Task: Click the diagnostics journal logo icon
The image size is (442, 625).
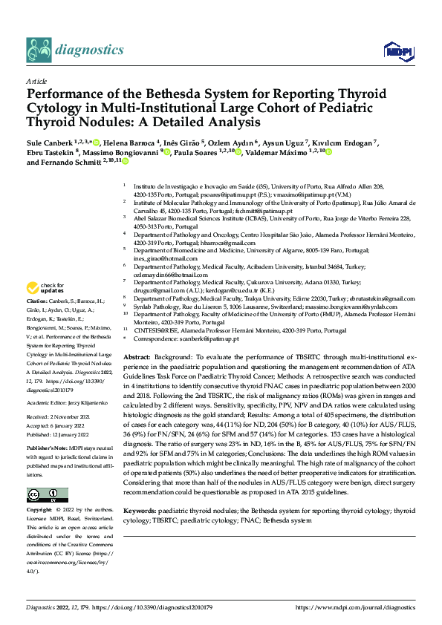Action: [39, 50]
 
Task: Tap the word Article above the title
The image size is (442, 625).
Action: [36, 80]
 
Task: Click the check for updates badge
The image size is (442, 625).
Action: [45, 288]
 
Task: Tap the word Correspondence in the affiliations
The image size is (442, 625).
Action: [157, 338]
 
